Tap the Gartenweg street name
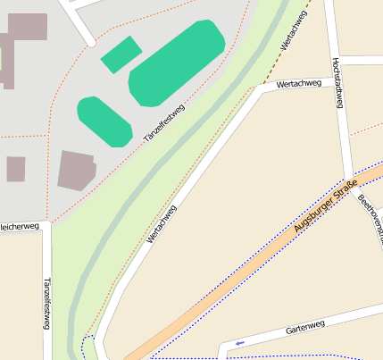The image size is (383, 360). click(304, 329)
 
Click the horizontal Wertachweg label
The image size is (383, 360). click(298, 85)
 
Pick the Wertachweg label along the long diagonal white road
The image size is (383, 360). click(162, 224)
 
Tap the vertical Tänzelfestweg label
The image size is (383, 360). click(46, 303)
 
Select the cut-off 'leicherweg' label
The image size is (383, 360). click(21, 227)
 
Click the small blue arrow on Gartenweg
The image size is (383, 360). click(238, 342)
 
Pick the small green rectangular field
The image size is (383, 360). click(121, 54)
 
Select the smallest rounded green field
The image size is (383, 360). click(104, 121)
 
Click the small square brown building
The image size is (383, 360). click(15, 169)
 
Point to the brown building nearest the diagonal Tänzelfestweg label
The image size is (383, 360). click(76, 171)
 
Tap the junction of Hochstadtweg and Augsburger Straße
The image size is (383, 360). click(350, 175)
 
